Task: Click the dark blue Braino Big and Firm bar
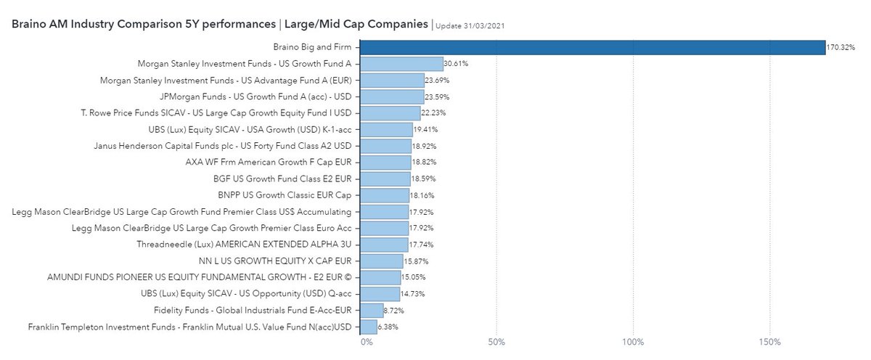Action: [592, 47]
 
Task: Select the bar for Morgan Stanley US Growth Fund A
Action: [401, 64]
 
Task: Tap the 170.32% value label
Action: [841, 48]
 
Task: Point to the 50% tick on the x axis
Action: [496, 342]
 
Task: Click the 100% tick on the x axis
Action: [633, 342]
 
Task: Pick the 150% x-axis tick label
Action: [769, 342]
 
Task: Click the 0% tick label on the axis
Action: [367, 342]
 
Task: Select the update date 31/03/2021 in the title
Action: [470, 25]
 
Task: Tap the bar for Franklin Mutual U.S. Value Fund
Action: [369, 327]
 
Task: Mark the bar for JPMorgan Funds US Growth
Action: [392, 97]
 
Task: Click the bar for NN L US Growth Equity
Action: [382, 261]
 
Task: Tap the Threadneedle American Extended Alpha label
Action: [245, 245]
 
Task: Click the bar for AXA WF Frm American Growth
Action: [385, 163]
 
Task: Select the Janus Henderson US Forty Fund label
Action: [224, 146]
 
